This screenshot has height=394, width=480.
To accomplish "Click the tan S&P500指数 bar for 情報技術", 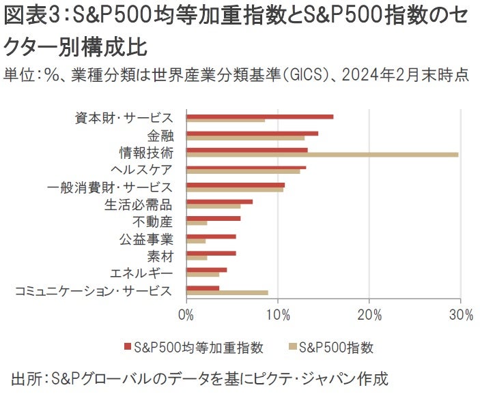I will [x=321, y=155].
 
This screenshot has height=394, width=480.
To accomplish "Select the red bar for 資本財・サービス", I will [x=259, y=117].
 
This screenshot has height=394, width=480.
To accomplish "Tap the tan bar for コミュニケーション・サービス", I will [x=227, y=292].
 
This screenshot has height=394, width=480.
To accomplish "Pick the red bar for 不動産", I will [x=213, y=218].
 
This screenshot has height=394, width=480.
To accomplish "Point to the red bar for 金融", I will [x=252, y=134].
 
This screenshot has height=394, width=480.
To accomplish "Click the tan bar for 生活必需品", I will [x=213, y=206].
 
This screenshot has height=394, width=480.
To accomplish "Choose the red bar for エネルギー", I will [x=206, y=270].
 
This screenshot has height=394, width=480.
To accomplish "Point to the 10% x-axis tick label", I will [x=278, y=315].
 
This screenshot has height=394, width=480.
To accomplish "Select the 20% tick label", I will [x=369, y=315].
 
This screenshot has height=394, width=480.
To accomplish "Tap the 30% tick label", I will [x=461, y=315].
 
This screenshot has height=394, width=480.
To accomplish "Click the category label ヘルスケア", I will [x=141, y=169].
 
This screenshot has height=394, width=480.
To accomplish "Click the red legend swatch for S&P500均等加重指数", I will [x=127, y=348].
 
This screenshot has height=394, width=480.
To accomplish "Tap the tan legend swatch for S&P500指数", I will [x=292, y=348].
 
